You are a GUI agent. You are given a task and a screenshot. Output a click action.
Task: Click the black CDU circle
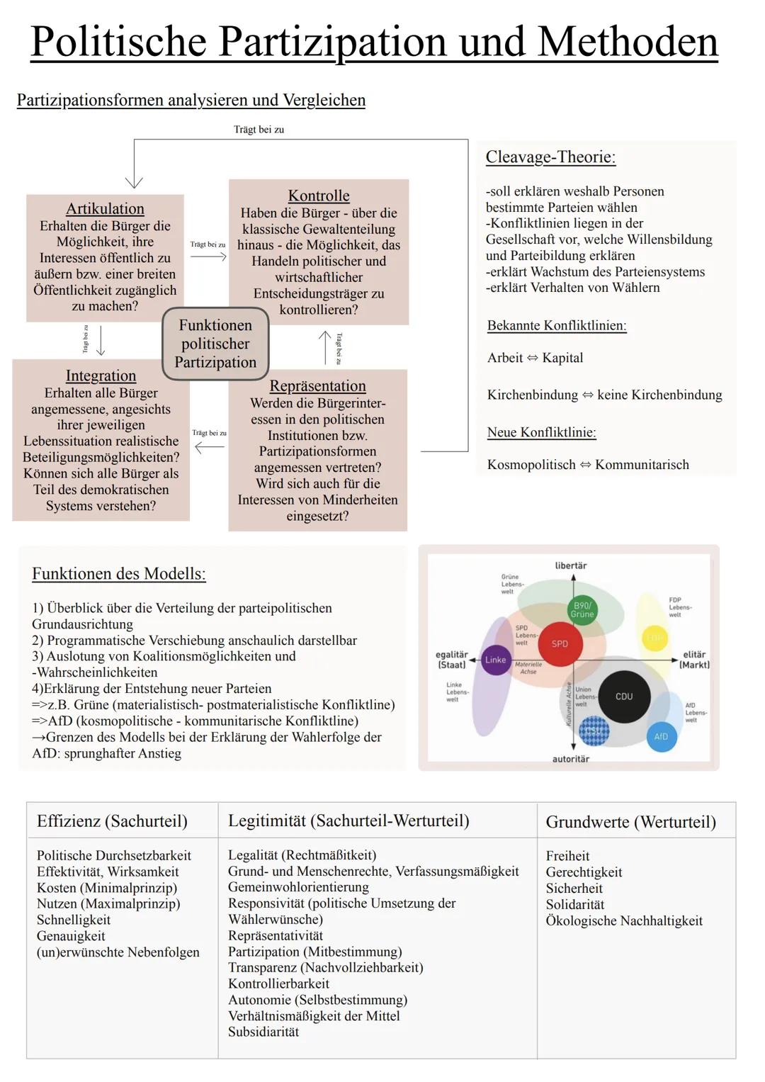(624, 697)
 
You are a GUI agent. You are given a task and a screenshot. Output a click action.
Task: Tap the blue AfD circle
(661, 736)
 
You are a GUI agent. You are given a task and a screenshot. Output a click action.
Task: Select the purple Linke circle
(495, 660)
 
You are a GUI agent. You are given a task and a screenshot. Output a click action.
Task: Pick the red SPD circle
(560, 643)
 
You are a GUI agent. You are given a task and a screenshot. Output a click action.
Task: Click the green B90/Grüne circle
(582, 609)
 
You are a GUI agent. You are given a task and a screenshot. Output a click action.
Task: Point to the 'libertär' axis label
(571, 565)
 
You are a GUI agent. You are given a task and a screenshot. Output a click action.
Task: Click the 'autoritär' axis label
(571, 759)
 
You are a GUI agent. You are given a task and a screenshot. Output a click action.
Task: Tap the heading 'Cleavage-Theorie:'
(550, 157)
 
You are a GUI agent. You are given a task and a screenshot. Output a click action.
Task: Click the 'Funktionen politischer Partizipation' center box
(215, 344)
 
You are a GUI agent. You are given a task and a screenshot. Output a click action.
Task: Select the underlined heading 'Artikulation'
(105, 208)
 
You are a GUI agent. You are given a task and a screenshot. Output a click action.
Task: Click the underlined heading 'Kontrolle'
(319, 196)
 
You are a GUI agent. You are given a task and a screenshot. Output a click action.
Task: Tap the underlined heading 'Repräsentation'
(317, 386)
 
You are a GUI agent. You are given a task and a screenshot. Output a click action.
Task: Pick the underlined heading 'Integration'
(101, 376)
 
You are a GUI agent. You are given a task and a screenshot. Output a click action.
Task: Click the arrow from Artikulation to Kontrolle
(208, 257)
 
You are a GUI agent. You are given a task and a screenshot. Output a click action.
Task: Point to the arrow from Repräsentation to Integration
(209, 447)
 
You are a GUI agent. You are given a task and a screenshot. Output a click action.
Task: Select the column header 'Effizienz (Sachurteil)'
(112, 821)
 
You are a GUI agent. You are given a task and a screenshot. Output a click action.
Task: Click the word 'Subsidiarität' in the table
(263, 1032)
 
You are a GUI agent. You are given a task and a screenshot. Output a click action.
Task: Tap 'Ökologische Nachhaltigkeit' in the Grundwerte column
(624, 920)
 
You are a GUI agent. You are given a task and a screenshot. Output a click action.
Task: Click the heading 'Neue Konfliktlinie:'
(541, 432)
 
